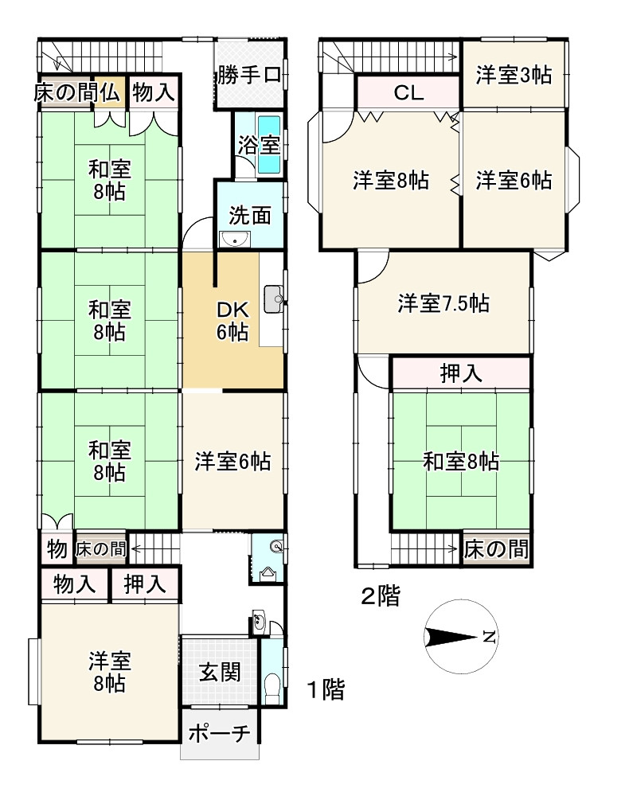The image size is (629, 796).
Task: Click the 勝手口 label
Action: tap(248, 76)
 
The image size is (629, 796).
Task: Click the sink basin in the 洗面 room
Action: tap(235, 240)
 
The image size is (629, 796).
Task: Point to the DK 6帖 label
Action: tap(232, 322)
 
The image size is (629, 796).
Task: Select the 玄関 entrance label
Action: tap(220, 673)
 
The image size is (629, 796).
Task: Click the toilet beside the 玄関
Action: tap(271, 684)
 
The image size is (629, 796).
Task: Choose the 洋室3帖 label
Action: tap(514, 76)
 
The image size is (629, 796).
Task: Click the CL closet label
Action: tap(408, 93)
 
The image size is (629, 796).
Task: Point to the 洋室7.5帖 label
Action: tap(443, 302)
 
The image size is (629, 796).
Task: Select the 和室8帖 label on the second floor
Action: tap(461, 460)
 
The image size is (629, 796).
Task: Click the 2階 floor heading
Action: tap(380, 596)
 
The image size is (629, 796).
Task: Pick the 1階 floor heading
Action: tap(326, 689)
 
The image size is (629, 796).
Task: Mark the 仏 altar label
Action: tap(110, 92)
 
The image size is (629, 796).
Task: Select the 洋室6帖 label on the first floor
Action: tap(232, 460)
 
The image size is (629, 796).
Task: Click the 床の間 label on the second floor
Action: tap(497, 548)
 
